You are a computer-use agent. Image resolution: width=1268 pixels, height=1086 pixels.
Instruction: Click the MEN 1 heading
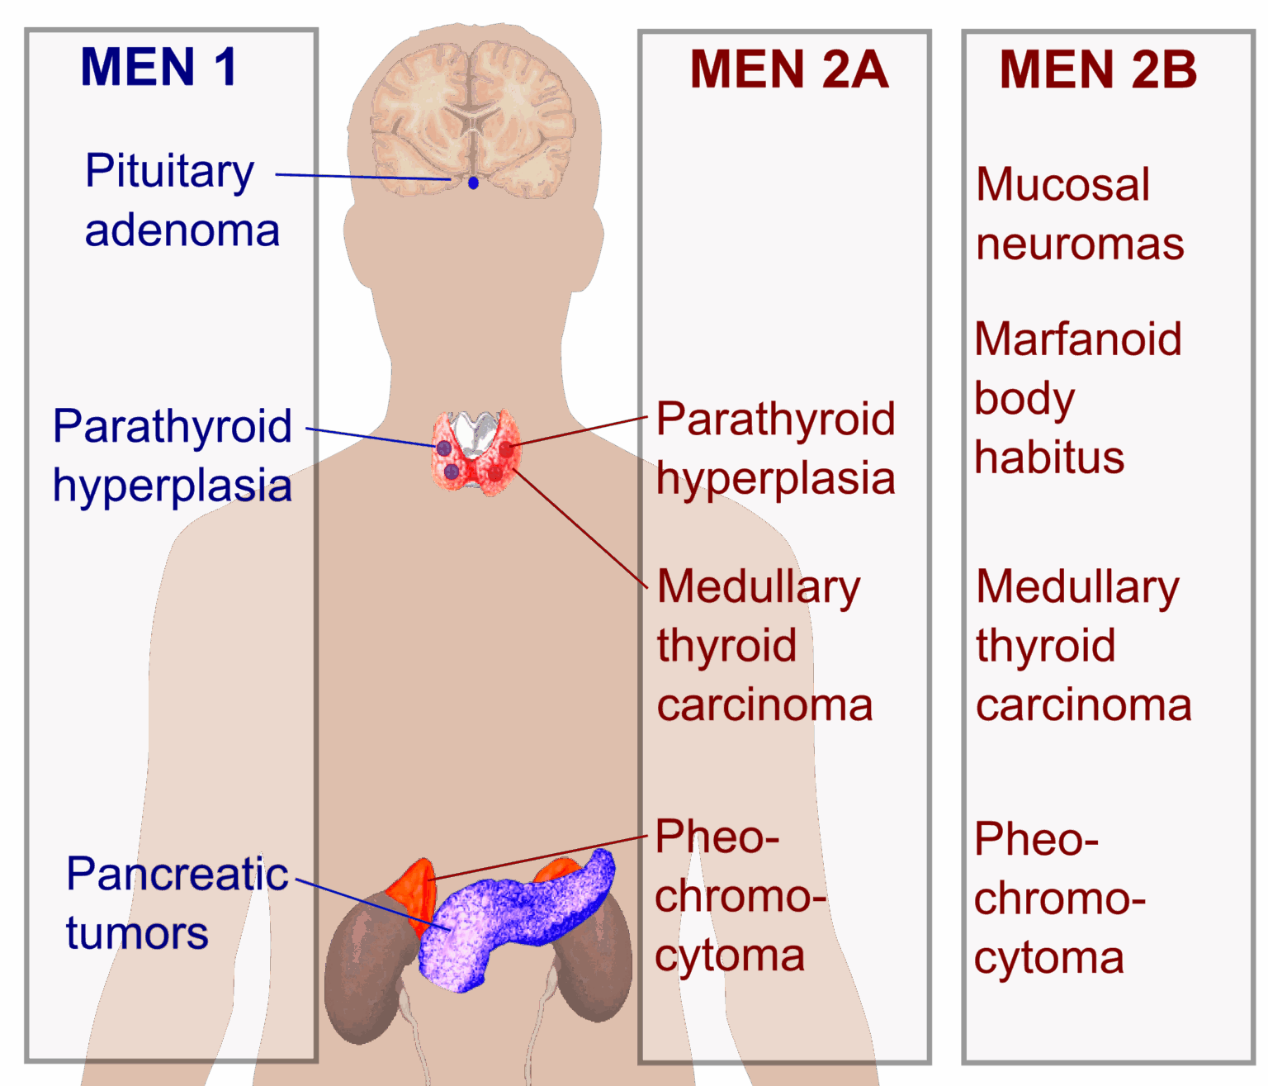pyautogui.click(x=158, y=67)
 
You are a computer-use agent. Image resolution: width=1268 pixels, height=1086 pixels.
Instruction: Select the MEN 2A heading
pyautogui.click(x=788, y=69)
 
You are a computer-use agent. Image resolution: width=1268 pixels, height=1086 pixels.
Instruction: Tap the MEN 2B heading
pyautogui.click(x=1098, y=69)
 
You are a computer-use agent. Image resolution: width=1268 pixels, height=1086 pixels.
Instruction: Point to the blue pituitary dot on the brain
pyautogui.click(x=473, y=183)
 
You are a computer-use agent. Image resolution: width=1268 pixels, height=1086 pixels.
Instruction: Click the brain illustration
pyautogui.click(x=472, y=121)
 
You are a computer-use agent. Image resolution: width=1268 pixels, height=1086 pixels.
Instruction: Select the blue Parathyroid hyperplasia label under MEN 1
pyautogui.click(x=172, y=456)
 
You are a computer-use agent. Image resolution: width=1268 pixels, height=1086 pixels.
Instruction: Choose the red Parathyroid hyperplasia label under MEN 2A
pyautogui.click(x=775, y=448)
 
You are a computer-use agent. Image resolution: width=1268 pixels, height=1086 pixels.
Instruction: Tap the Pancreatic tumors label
pyautogui.click(x=176, y=903)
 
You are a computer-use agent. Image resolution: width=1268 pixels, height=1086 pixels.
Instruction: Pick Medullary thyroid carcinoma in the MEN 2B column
pyautogui.click(x=1082, y=646)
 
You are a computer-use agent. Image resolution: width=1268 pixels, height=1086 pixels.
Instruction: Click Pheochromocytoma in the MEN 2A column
pyautogui.click(x=739, y=897)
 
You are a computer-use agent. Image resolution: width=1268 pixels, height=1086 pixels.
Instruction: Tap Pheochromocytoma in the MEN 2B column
pyautogui.click(x=1058, y=899)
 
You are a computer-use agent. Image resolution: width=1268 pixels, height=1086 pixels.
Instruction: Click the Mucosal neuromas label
pyautogui.click(x=1079, y=214)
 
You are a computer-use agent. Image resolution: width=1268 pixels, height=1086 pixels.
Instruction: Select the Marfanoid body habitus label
pyautogui.click(x=1077, y=398)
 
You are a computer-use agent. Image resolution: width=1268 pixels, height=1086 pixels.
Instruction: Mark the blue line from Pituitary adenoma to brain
pyautogui.click(x=363, y=177)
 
